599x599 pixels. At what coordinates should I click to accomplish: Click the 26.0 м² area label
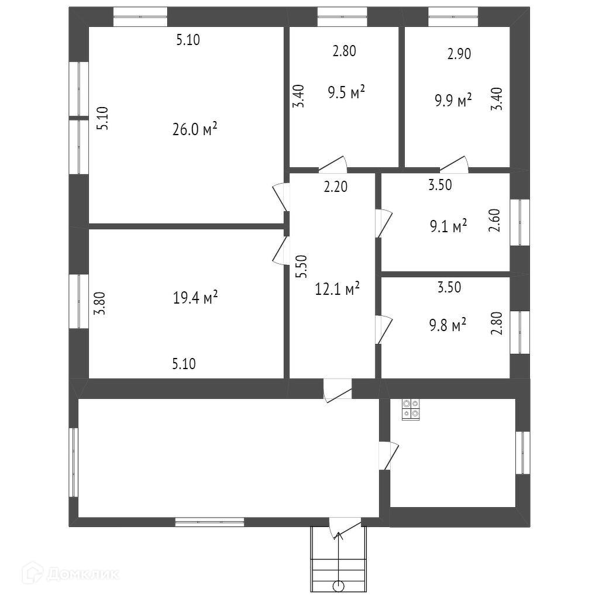click(x=195, y=129)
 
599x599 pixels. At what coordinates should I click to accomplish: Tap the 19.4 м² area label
click(x=195, y=298)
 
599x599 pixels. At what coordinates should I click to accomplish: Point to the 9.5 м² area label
click(x=347, y=92)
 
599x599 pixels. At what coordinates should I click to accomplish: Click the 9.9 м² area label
click(x=453, y=101)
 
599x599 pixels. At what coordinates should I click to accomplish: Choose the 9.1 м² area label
click(x=447, y=225)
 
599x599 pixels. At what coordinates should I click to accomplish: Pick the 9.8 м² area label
click(x=447, y=324)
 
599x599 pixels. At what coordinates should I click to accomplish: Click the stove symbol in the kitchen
click(x=410, y=408)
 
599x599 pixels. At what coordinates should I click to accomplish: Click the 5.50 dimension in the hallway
click(x=301, y=268)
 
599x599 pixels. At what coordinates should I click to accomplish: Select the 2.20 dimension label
click(x=336, y=187)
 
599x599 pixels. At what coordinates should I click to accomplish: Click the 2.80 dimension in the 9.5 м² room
click(x=344, y=51)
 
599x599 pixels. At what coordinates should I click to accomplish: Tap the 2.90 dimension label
click(x=459, y=54)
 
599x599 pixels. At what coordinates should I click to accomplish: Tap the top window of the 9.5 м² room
click(x=342, y=16)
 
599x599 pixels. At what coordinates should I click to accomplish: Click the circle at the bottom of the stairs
click(x=338, y=586)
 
